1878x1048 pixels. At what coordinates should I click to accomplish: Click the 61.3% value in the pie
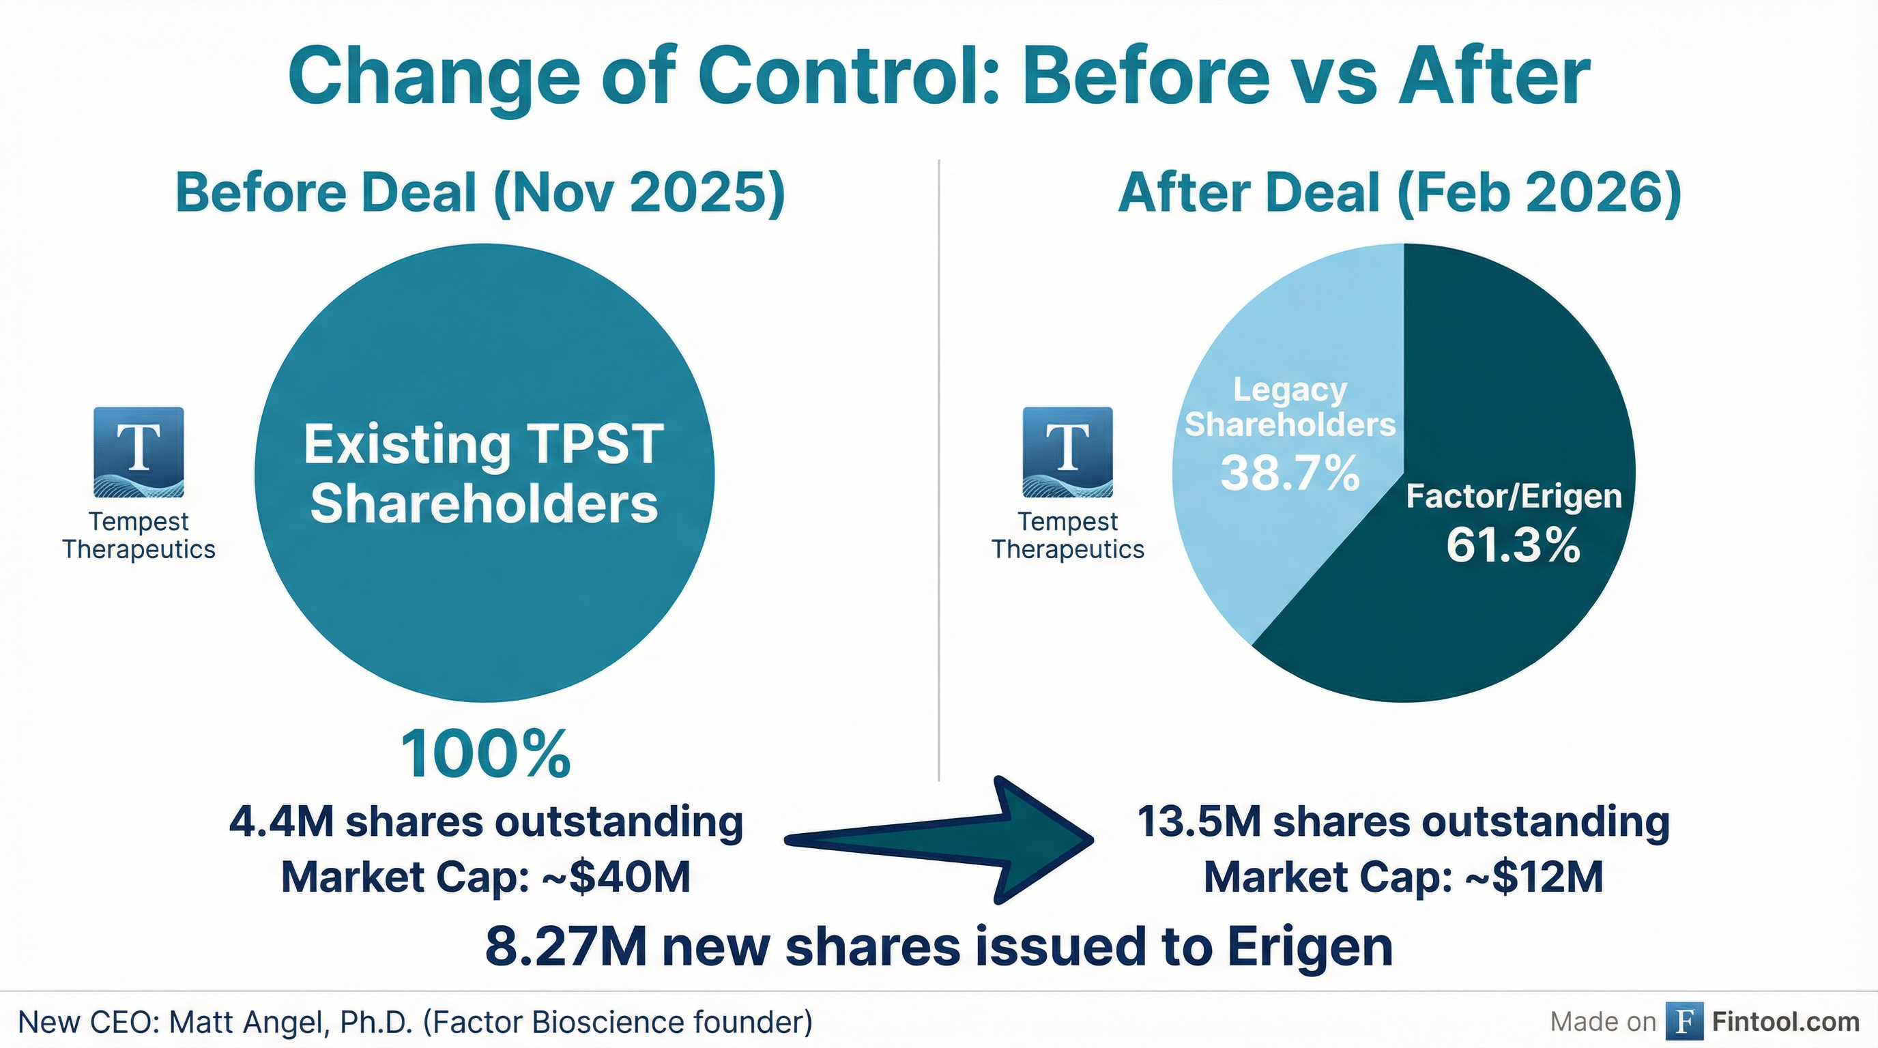pyautogui.click(x=1513, y=545)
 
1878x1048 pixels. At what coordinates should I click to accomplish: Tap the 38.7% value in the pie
pyautogui.click(x=1290, y=473)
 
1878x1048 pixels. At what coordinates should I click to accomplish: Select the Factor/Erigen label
pyautogui.click(x=1514, y=497)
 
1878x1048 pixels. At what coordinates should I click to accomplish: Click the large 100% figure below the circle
pyautogui.click(x=486, y=755)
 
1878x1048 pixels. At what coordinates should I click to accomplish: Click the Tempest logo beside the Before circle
pyautogui.click(x=139, y=452)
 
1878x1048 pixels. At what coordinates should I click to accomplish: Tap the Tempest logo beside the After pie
pyautogui.click(x=1067, y=452)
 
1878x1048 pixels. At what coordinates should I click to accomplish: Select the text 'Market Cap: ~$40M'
pyautogui.click(x=486, y=877)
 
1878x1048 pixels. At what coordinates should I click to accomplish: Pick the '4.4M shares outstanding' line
pyautogui.click(x=486, y=822)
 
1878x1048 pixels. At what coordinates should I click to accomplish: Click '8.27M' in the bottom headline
pyautogui.click(x=566, y=948)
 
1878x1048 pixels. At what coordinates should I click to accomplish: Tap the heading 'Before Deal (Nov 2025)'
pyautogui.click(x=480, y=192)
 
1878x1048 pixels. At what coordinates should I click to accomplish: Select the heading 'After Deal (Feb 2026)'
pyautogui.click(x=1400, y=192)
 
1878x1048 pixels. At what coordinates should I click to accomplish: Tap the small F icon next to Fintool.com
pyautogui.click(x=1684, y=1022)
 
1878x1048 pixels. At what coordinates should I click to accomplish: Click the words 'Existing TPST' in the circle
pyautogui.click(x=483, y=445)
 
